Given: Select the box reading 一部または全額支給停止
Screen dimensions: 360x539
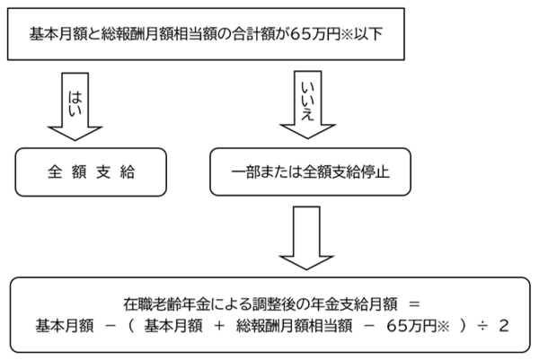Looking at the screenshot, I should click(306, 171).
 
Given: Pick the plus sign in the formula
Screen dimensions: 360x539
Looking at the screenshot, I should click(218, 322).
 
